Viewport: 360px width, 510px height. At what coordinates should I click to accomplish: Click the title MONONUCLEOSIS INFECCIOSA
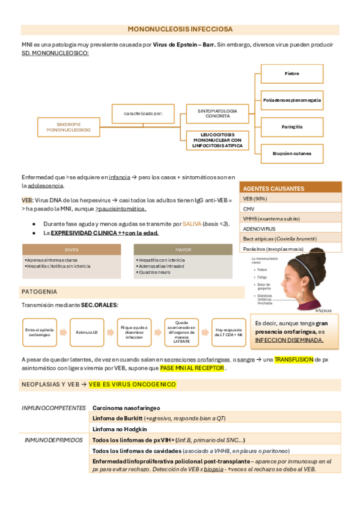180,29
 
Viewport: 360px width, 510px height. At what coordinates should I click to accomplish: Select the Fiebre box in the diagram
292,73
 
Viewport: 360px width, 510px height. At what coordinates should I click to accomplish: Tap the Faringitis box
292,127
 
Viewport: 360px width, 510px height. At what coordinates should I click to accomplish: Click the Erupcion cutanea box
292,153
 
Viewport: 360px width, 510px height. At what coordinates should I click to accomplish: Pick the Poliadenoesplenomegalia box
292,100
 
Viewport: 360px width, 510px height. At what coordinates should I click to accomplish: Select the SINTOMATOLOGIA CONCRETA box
218,114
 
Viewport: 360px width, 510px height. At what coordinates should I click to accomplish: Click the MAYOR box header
183,249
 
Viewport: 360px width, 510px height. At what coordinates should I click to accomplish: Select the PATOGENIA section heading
40,292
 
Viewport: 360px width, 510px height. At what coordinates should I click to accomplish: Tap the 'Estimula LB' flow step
87,331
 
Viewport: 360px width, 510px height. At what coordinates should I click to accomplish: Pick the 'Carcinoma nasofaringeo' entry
118,408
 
